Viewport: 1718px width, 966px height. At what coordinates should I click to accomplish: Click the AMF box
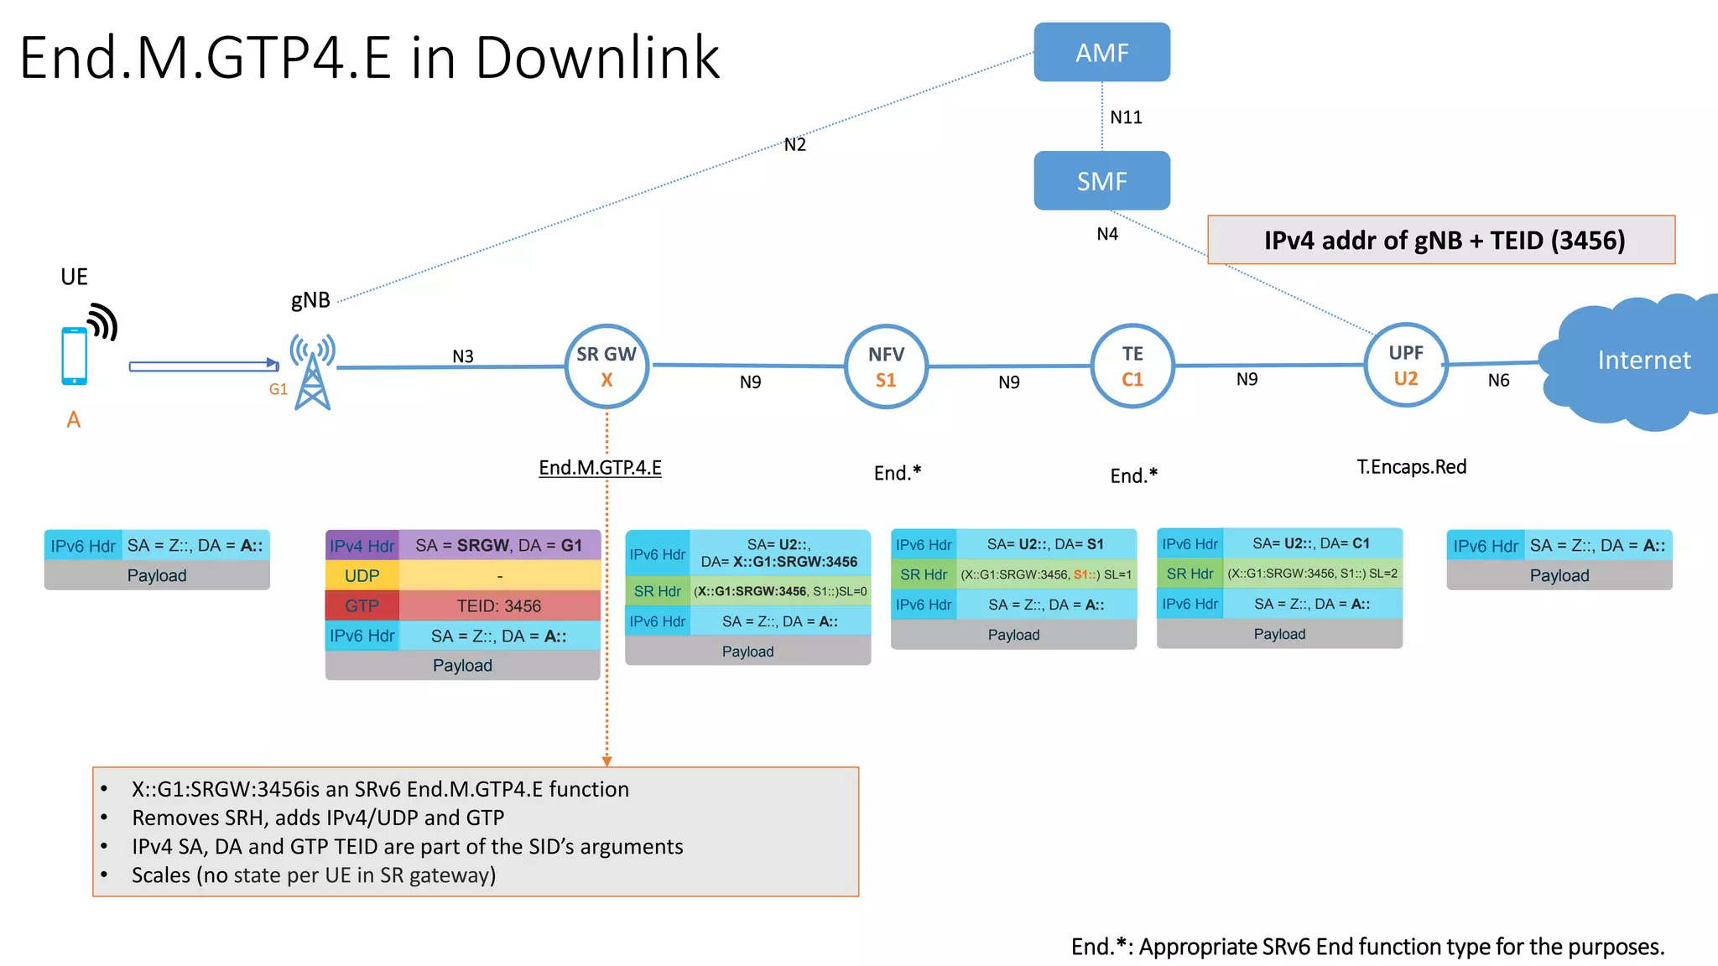click(1101, 52)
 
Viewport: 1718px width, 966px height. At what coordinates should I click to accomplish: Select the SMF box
click(1101, 180)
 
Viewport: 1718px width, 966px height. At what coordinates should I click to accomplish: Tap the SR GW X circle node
click(607, 366)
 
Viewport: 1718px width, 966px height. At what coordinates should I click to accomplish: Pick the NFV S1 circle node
click(886, 366)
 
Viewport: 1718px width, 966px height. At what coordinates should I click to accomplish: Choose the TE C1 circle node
click(1132, 366)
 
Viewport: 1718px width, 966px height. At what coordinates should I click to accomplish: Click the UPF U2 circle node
click(1405, 365)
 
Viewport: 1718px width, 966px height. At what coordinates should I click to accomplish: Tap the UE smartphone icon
click(75, 356)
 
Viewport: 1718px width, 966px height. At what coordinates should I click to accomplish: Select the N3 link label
click(462, 356)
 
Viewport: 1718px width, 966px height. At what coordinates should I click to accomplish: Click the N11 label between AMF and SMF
click(1126, 117)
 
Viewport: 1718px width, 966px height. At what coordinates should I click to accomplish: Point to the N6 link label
click(1498, 381)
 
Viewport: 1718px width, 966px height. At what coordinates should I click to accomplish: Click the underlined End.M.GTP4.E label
click(600, 468)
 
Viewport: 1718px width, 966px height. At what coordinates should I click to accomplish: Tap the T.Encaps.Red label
click(1411, 467)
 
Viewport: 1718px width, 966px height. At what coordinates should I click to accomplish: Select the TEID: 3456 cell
click(498, 605)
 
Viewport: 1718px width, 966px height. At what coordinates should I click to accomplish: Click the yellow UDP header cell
click(362, 576)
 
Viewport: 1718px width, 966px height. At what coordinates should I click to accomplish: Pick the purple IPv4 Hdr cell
click(362, 546)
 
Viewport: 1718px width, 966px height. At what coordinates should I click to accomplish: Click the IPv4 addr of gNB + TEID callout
click(1440, 241)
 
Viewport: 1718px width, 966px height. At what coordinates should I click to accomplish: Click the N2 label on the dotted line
click(794, 144)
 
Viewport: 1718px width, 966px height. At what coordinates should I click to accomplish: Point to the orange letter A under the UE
click(74, 419)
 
